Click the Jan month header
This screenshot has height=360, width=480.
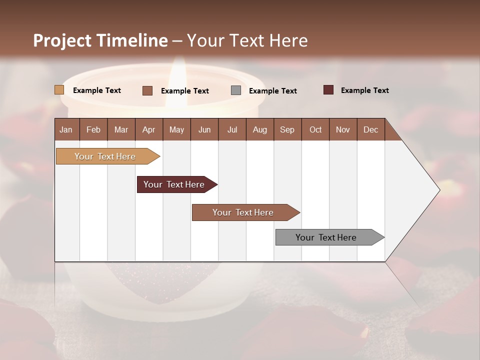point(66,129)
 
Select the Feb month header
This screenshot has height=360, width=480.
point(93,129)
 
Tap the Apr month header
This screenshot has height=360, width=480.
point(148,129)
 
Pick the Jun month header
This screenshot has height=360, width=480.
point(204,129)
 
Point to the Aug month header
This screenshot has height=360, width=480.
point(259,129)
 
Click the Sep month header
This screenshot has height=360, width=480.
point(287,129)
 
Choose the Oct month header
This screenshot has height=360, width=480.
point(315,129)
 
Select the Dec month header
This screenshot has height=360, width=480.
point(370,129)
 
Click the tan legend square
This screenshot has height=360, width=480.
point(59,90)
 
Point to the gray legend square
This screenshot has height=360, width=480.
point(236,90)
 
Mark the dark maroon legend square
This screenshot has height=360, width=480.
point(328,90)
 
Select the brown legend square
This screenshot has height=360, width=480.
point(147,90)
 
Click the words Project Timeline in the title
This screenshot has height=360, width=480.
point(100,40)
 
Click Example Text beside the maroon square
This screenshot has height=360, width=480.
point(364,90)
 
